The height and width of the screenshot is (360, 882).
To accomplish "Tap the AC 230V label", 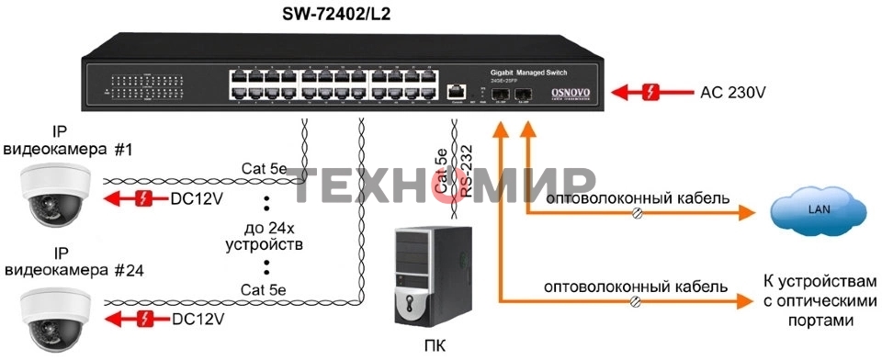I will pos(733,92).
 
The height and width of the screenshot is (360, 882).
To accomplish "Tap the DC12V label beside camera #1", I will pos(198,198).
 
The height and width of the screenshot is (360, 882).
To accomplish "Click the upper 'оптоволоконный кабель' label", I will pos(638,198).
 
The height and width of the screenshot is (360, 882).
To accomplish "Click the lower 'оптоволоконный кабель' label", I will pos(636,286).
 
